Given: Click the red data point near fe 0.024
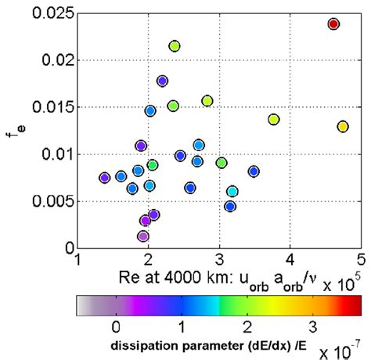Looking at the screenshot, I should coord(333,24).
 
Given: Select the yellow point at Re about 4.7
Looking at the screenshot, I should coord(343,126).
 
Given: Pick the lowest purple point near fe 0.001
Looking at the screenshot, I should coord(142,236).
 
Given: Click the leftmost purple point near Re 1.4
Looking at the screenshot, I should coord(104,178).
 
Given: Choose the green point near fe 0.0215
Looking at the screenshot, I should coord(175,46).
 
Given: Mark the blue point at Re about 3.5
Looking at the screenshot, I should coord(253,171).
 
